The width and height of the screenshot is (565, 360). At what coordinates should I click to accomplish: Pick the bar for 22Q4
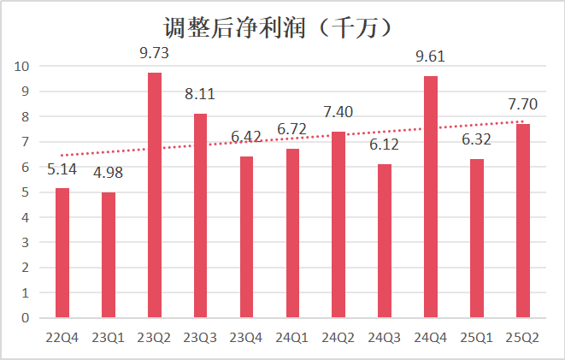tap(62, 252)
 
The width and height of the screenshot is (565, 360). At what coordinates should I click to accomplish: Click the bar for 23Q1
tap(109, 255)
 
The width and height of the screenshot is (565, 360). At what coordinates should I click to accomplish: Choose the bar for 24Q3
tap(385, 240)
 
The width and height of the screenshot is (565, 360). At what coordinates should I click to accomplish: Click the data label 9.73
tap(155, 53)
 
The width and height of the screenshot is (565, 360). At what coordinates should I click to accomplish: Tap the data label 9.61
tap(431, 56)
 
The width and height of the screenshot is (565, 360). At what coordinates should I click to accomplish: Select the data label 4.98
tap(109, 174)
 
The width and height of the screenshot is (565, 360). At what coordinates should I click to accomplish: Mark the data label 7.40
tap(338, 112)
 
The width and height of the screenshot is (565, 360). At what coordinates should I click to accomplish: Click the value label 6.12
tap(385, 145)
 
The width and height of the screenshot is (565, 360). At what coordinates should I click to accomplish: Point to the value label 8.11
tap(201, 94)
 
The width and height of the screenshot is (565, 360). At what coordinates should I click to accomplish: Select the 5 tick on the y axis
tap(26, 192)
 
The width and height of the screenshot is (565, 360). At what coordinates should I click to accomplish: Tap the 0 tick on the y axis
tap(26, 318)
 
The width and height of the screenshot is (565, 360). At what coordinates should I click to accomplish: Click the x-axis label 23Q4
tap(247, 337)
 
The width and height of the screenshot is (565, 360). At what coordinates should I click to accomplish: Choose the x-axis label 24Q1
tap(293, 337)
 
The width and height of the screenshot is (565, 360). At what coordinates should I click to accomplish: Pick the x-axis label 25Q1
tap(477, 337)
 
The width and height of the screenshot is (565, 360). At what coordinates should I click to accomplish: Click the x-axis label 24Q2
tap(338, 337)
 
